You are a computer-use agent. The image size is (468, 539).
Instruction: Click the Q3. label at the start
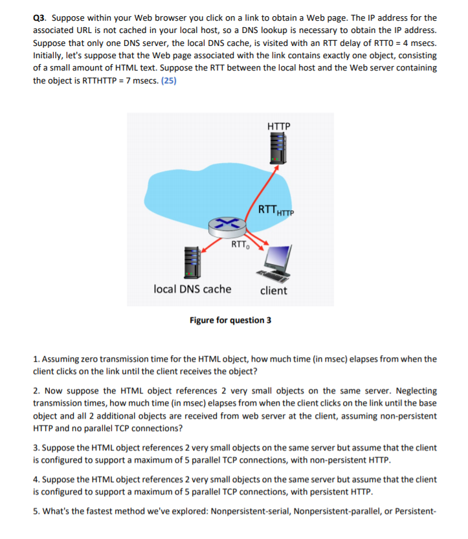(x=39, y=18)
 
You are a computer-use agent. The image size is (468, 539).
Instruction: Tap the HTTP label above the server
(x=278, y=126)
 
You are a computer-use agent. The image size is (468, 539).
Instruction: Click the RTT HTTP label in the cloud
(x=276, y=210)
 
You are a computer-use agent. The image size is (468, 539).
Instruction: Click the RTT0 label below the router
(x=239, y=245)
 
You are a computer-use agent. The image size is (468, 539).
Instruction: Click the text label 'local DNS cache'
(x=192, y=289)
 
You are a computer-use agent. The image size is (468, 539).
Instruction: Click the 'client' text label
(x=273, y=291)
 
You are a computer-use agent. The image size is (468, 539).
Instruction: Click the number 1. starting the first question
(x=36, y=358)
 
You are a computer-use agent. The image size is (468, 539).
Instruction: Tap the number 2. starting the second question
(x=36, y=391)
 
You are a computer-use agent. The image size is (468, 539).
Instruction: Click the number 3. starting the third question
(x=36, y=448)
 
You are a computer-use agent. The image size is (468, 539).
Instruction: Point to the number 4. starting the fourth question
(x=36, y=479)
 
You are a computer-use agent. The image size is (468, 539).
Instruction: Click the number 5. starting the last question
(x=36, y=512)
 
